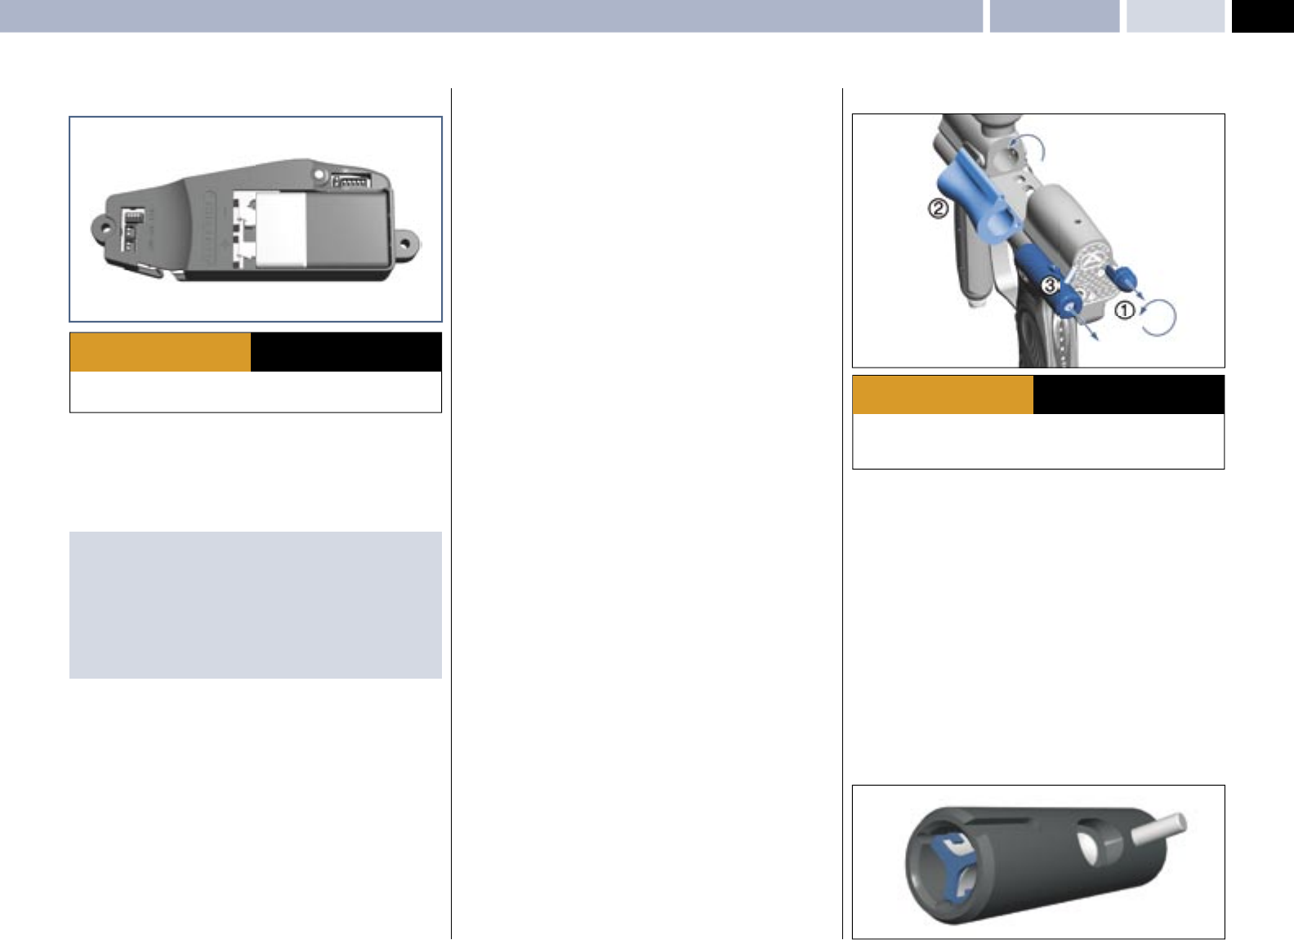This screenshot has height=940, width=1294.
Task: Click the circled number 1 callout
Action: [x=1125, y=310]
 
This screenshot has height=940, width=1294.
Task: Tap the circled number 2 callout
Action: [x=938, y=208]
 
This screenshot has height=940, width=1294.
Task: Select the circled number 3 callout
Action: [x=1050, y=286]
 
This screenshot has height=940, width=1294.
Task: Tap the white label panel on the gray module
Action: [x=281, y=229]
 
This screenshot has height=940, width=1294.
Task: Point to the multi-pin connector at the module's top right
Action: [x=352, y=180]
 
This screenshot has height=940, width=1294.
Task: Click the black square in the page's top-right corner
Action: [x=1262, y=16]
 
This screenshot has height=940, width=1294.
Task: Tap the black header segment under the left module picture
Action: [x=346, y=352]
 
